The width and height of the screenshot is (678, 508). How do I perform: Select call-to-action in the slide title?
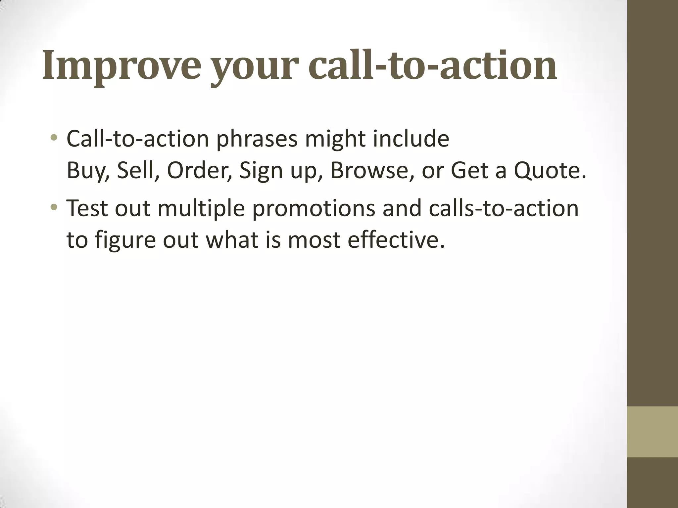(x=432, y=65)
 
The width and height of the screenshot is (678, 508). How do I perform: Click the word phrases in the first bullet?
(x=257, y=139)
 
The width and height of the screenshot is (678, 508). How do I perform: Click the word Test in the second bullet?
(x=87, y=208)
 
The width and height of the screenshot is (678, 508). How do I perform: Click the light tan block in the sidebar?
(x=652, y=432)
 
